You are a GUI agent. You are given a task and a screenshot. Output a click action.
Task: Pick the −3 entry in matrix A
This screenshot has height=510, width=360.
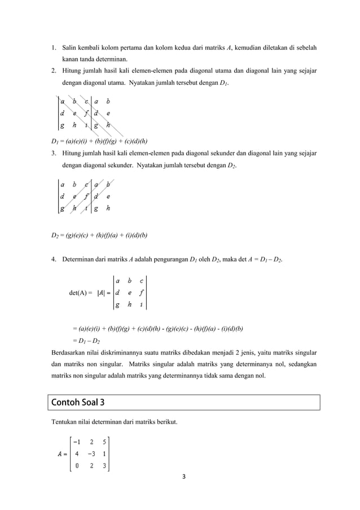(x=90, y=454)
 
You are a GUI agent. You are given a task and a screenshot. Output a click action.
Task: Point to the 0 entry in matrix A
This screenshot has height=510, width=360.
(x=77, y=466)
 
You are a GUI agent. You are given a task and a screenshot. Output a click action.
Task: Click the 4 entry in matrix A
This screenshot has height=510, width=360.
(x=77, y=454)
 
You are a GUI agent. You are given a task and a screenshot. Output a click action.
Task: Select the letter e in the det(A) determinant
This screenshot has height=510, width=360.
(x=130, y=293)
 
